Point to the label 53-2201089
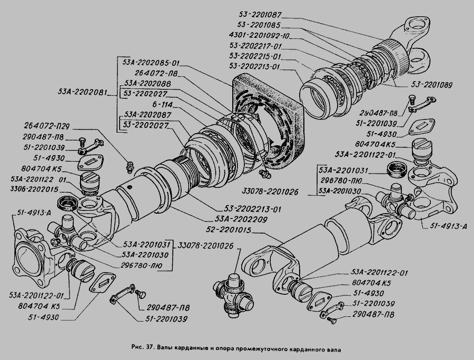click(x=433, y=84)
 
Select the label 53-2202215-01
click(x=256, y=56)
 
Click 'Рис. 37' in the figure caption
click(x=141, y=348)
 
